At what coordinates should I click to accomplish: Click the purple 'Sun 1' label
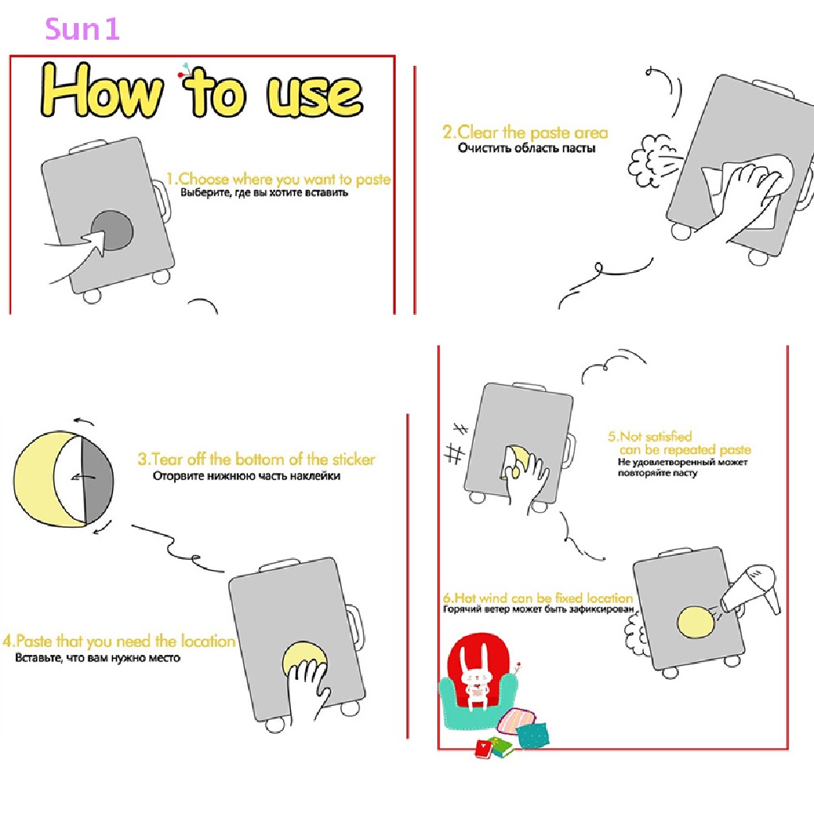point(83,29)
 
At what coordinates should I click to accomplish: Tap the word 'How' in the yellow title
point(102,90)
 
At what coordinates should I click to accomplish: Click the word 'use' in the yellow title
point(315,96)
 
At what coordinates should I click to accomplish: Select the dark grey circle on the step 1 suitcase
point(112,230)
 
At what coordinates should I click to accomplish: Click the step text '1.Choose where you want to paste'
point(278,179)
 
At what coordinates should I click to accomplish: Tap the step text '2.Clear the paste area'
point(525,133)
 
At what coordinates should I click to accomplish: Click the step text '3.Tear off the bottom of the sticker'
point(256,459)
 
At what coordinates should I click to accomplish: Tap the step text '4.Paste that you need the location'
point(119,642)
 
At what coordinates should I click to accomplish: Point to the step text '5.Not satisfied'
point(650,436)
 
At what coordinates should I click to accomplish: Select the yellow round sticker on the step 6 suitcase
point(696,622)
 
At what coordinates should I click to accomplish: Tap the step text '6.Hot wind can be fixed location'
point(538,598)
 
